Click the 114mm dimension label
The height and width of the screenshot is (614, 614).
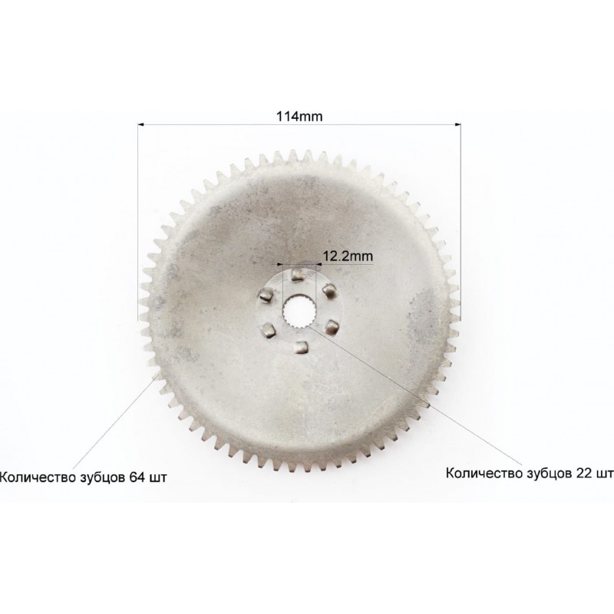[x=299, y=117]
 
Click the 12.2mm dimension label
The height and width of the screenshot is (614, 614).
[x=348, y=256]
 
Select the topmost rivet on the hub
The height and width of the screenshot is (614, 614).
[x=299, y=273]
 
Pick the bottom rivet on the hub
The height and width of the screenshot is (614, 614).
[x=300, y=347]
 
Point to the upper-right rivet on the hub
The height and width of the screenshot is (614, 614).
[x=328, y=291]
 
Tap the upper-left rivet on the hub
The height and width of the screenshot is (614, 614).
[x=267, y=294]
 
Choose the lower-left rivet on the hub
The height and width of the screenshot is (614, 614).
[x=269, y=330]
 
